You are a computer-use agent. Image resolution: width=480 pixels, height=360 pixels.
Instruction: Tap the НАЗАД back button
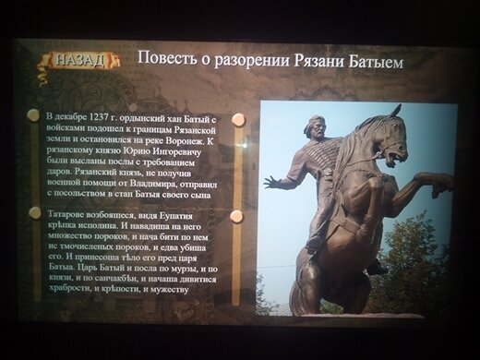pyautogui.click(x=81, y=60)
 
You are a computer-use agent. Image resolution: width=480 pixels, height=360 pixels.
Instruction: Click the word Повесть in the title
pyautogui.click(x=163, y=59)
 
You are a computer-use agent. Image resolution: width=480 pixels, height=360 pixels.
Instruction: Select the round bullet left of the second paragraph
pyautogui.click(x=35, y=212)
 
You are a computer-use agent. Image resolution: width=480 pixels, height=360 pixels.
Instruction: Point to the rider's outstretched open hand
pyautogui.click(x=271, y=182)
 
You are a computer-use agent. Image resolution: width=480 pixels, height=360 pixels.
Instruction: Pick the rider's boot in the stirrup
pyautogui.click(x=314, y=245)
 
